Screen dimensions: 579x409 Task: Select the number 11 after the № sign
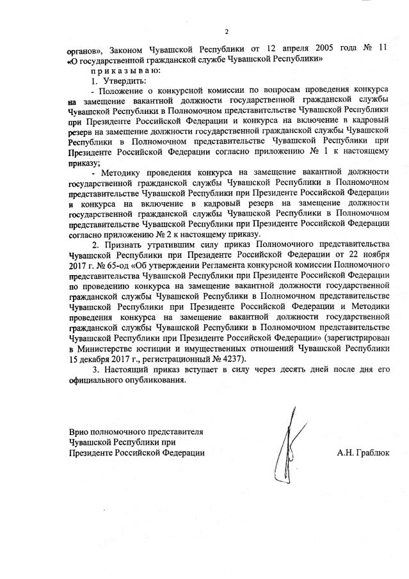click(x=383, y=50)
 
